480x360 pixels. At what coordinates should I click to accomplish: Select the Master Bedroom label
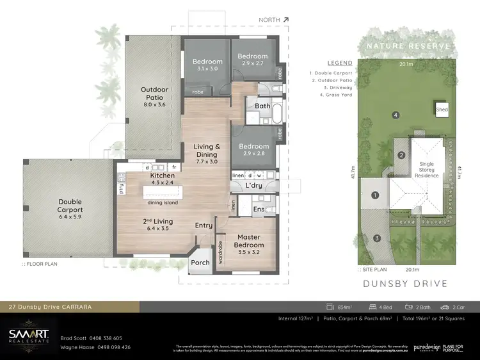click(x=248, y=241)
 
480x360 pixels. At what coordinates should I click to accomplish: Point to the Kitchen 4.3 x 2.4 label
click(x=162, y=179)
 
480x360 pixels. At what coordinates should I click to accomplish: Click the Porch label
click(x=200, y=262)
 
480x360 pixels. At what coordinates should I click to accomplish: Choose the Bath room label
click(x=262, y=106)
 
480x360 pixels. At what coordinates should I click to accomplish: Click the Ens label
click(x=259, y=209)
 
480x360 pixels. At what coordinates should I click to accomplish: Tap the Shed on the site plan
click(x=441, y=110)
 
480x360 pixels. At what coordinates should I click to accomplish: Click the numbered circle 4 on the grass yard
click(x=396, y=115)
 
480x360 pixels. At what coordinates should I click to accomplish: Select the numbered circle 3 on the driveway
click(x=377, y=238)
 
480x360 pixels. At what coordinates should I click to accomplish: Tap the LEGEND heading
click(x=340, y=63)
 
